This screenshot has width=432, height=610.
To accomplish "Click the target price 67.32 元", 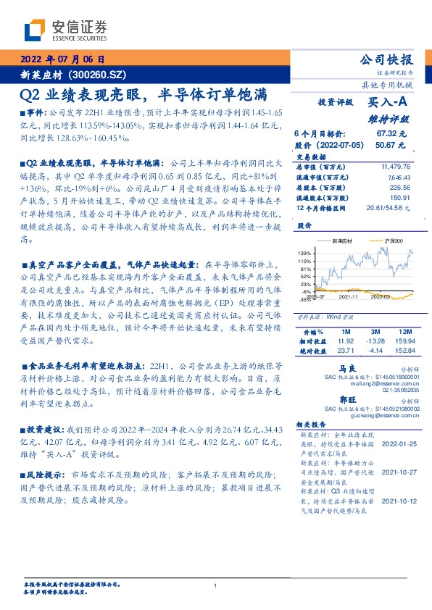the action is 391,135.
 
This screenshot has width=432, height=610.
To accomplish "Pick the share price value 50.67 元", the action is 391,145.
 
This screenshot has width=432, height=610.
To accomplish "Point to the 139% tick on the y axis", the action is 304,252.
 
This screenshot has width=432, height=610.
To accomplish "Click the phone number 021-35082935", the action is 391,390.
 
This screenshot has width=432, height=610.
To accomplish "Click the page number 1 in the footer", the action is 217,586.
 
